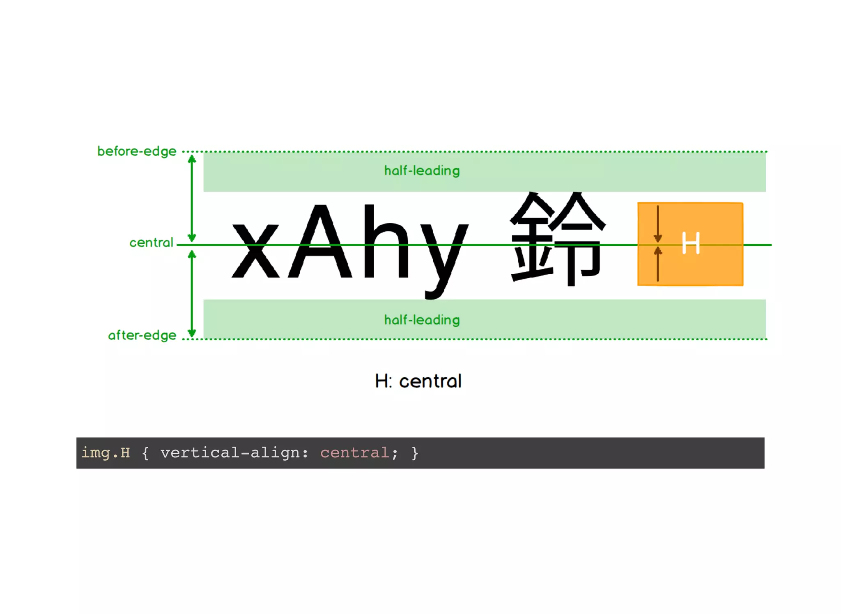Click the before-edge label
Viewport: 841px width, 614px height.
point(137,151)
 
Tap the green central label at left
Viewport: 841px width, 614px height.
point(151,242)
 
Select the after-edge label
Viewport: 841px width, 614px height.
point(142,335)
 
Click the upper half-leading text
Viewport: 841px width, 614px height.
point(422,171)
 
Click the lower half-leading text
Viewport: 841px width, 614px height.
point(422,320)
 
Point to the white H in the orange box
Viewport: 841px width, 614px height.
point(691,243)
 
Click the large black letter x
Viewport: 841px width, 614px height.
point(255,251)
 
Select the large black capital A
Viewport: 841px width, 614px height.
point(320,242)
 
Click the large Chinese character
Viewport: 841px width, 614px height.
point(558,238)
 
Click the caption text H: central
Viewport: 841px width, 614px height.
point(418,381)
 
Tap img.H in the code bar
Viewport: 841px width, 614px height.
point(106,452)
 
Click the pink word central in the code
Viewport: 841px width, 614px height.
point(354,452)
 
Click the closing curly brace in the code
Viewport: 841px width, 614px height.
point(415,452)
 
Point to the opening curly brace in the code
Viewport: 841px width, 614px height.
point(145,452)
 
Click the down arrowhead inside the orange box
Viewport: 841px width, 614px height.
point(657,238)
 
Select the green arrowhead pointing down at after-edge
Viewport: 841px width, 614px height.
point(192,332)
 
